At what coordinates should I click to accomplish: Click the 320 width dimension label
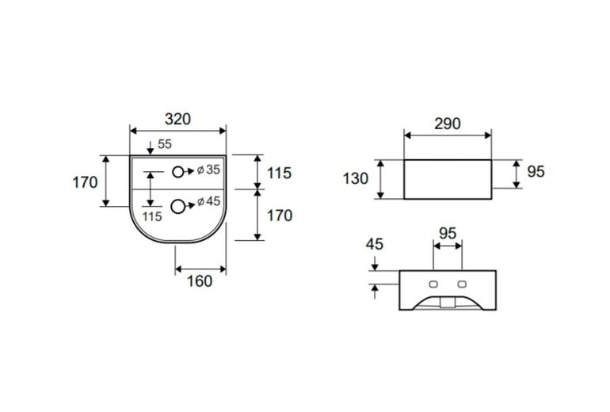(177, 119)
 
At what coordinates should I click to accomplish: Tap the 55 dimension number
(165, 144)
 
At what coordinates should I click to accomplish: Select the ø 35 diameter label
(208, 170)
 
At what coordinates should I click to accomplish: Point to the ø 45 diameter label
(208, 201)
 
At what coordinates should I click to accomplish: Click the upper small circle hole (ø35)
(177, 172)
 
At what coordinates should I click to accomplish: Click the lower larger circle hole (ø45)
(177, 207)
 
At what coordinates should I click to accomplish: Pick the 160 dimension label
(200, 281)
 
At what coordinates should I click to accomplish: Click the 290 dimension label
(448, 124)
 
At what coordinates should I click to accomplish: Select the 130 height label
(355, 178)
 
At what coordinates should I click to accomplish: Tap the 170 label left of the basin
(85, 182)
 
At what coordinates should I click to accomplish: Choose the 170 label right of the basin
(280, 216)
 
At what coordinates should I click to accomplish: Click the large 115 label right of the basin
(280, 173)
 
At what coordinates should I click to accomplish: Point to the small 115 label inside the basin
(152, 216)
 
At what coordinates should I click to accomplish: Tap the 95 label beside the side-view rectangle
(536, 172)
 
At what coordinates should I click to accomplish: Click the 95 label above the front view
(448, 234)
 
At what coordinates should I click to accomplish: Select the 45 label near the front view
(374, 244)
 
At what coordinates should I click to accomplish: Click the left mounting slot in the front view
(433, 284)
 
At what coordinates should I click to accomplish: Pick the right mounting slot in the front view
(462, 284)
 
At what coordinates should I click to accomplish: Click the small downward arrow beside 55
(151, 147)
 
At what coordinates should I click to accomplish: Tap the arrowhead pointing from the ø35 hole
(191, 171)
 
